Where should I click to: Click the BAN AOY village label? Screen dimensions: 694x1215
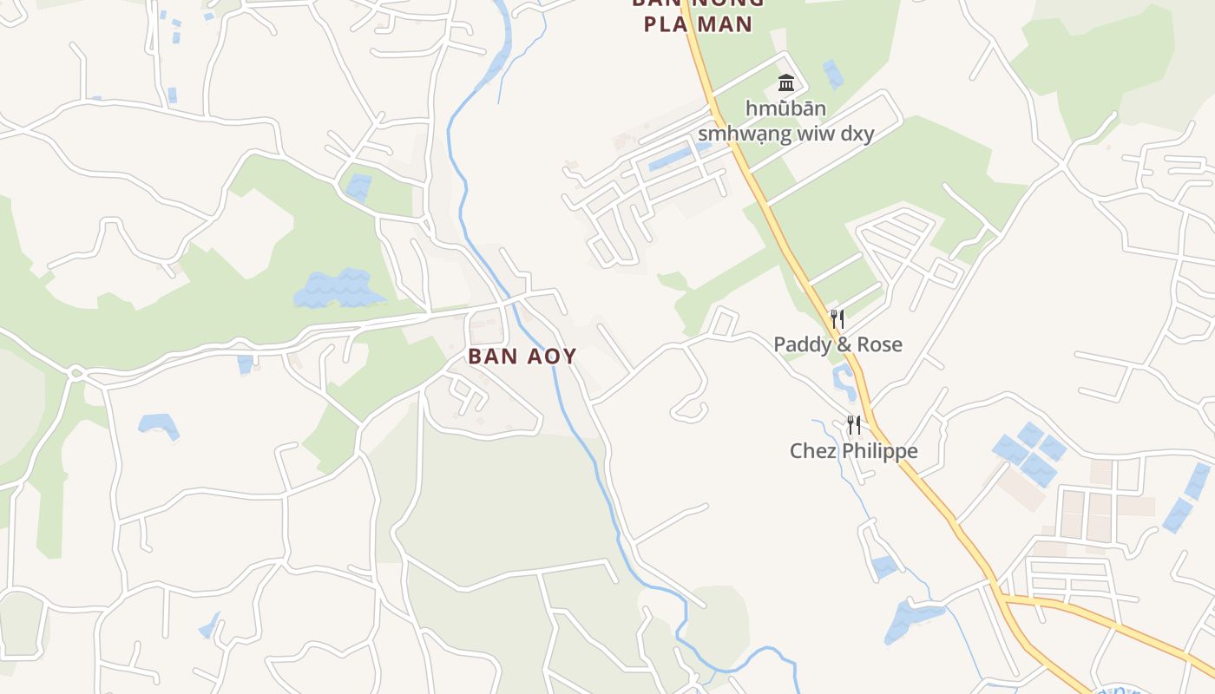[x=522, y=357]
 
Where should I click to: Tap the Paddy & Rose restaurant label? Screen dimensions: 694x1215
[x=837, y=344]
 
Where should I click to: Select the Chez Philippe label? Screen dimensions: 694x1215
[x=853, y=451]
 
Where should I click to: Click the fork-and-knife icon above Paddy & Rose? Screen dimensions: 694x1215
[x=837, y=318]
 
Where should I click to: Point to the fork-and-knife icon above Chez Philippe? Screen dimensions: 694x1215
[x=854, y=424]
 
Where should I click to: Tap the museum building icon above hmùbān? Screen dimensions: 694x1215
[x=786, y=83]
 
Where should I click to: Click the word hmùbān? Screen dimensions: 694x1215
[x=785, y=109]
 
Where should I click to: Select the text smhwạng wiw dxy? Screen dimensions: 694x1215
[x=785, y=134]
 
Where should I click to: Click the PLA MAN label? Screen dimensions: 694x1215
[x=697, y=23]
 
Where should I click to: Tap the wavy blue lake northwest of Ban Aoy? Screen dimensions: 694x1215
[x=338, y=289]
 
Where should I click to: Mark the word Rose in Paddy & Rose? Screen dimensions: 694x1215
[x=880, y=344]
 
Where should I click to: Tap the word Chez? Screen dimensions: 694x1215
[x=810, y=451]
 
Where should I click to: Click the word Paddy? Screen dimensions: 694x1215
[x=801, y=344]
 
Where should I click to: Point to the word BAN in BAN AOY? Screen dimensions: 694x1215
[x=489, y=357]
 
